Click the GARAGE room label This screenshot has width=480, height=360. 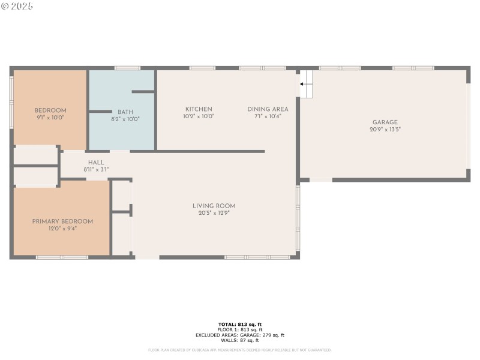click(x=385, y=122)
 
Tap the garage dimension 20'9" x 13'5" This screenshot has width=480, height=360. click(x=385, y=129)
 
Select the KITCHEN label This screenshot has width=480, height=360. click(x=199, y=109)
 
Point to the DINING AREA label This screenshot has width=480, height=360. click(x=268, y=109)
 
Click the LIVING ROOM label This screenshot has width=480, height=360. click(x=214, y=206)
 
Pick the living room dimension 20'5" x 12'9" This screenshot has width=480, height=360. click(x=214, y=212)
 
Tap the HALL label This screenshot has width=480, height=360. click(x=96, y=163)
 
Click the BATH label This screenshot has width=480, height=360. click(x=125, y=112)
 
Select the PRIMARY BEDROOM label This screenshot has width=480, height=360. click(x=62, y=221)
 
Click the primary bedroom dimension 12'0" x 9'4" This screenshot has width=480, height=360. click(x=62, y=228)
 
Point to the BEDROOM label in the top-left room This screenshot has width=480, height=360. click(x=50, y=110)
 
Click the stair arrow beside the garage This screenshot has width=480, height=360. click(x=303, y=83)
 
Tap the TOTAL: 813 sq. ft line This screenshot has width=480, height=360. click(x=239, y=325)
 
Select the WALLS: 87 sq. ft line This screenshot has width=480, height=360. click(x=239, y=340)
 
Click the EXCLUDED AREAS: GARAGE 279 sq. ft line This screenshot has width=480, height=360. click(x=239, y=335)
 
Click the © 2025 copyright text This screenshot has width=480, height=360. click(x=17, y=6)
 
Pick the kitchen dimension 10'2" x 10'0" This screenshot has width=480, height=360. click(x=199, y=116)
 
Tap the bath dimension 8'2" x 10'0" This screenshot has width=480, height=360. click(x=125, y=119)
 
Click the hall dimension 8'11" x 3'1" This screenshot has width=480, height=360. click(x=96, y=169)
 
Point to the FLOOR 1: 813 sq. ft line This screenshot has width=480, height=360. click(x=239, y=330)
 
